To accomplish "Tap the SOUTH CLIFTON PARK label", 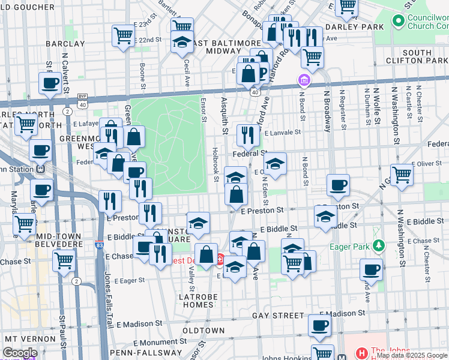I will (x=425, y=57).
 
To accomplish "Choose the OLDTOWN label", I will (x=203, y=331).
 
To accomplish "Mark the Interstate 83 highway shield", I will (x=99, y=245).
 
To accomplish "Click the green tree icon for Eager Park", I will (x=378, y=245).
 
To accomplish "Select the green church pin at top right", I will (x=397, y=21).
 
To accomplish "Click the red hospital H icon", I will (x=361, y=353).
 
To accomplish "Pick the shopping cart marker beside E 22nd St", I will (x=122, y=35).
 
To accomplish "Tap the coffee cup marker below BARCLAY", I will (x=50, y=83).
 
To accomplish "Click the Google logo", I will (x=20, y=353).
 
